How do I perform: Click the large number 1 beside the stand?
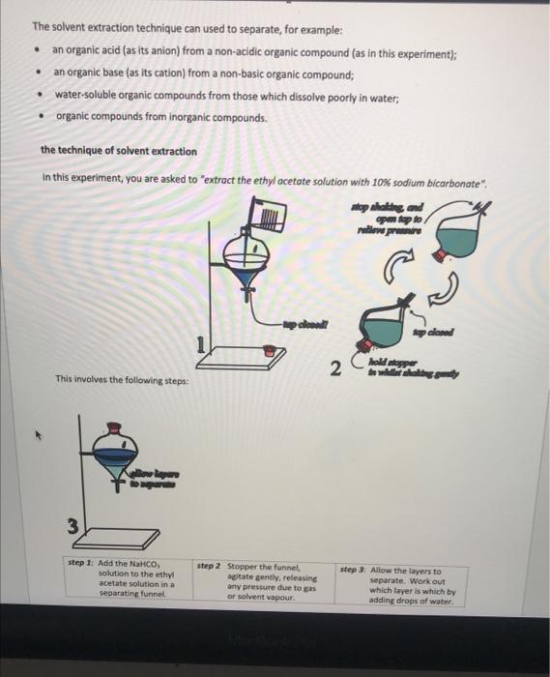point(202,344)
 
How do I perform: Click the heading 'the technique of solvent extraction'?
point(118,151)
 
